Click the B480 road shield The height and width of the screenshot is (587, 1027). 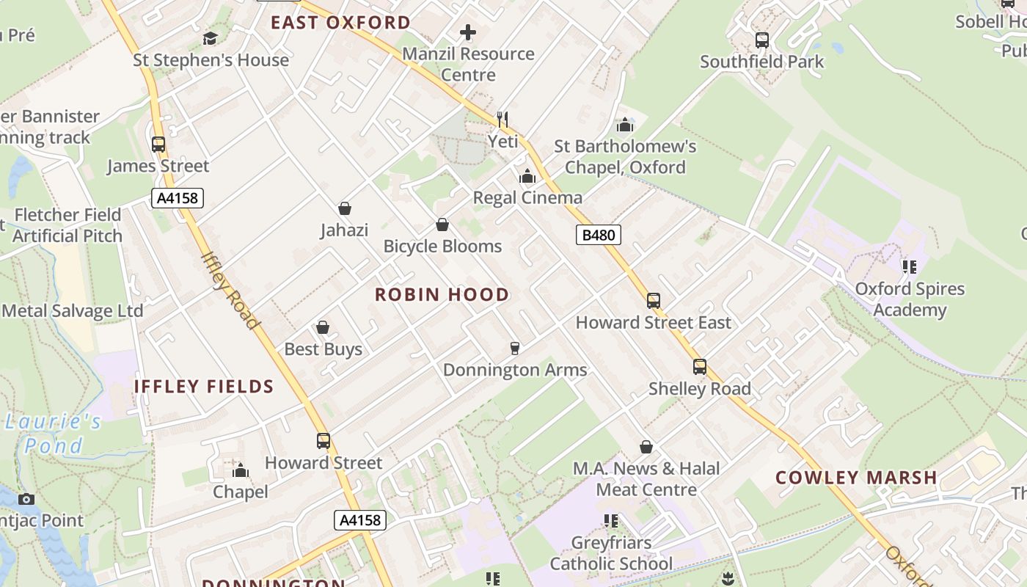click(599, 235)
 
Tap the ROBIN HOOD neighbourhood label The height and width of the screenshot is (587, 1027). click(442, 295)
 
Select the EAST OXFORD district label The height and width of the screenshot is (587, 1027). click(340, 23)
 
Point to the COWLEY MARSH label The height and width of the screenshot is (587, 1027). click(856, 478)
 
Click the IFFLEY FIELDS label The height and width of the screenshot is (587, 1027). click(204, 387)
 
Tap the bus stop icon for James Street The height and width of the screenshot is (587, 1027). click(158, 145)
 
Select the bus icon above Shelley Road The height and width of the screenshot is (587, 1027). click(700, 367)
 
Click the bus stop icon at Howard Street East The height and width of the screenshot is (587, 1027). click(653, 301)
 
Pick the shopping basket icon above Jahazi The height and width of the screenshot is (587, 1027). click(344, 209)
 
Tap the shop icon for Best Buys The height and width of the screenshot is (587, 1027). click(323, 327)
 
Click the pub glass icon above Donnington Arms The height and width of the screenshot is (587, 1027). click(515, 348)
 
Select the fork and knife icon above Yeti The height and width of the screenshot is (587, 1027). click(502, 119)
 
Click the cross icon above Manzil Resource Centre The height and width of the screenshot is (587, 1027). click(468, 32)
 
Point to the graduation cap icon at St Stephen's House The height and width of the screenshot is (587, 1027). click(211, 38)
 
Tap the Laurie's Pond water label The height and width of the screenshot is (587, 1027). click(53, 434)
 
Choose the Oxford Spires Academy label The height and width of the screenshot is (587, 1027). click(910, 299)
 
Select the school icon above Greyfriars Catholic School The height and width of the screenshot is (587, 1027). click(611, 521)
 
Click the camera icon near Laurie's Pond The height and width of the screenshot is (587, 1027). click(26, 499)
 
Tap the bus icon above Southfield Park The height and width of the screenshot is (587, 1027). click(762, 40)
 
